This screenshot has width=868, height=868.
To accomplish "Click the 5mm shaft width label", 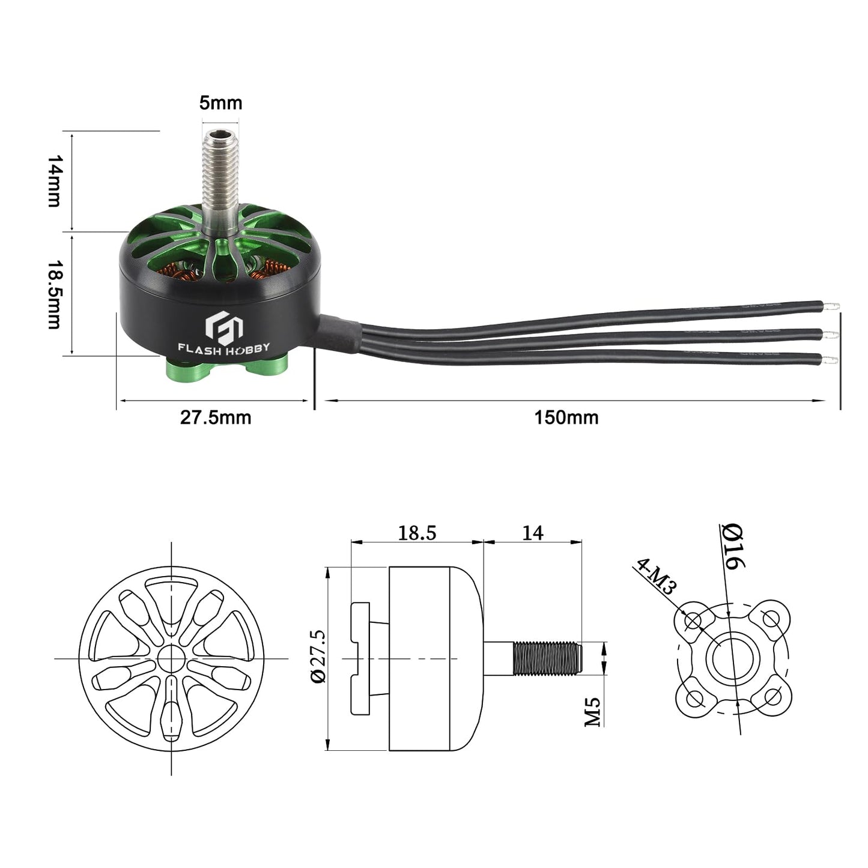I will (220, 103).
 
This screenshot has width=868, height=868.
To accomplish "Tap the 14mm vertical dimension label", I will (55, 181).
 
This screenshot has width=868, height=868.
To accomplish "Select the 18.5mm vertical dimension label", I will (55, 294).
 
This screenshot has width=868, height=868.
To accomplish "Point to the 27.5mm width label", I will (215, 417).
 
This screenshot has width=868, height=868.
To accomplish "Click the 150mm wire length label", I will (566, 417).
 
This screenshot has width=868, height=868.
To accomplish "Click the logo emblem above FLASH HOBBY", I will (223, 326).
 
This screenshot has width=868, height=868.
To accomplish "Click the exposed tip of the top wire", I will (831, 307).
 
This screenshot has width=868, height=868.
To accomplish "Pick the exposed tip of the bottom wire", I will (831, 360).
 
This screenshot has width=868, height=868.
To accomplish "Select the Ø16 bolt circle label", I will (733, 547).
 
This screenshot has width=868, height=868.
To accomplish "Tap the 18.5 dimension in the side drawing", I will (417, 533).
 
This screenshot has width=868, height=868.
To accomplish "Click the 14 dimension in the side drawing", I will (532, 533).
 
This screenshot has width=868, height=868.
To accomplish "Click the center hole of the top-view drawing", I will (172, 658).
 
